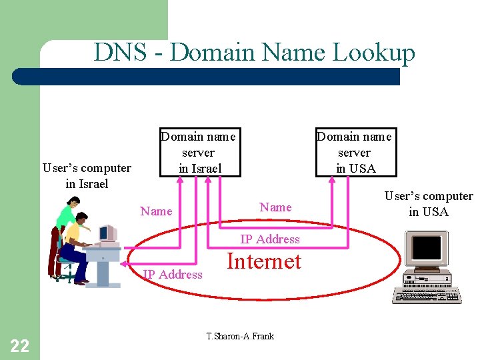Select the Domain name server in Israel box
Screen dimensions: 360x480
(198, 153)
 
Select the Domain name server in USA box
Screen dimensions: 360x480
(355, 153)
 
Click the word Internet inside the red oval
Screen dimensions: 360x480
(264, 261)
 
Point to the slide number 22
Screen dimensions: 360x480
(20, 345)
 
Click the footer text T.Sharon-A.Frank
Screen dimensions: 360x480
(240, 336)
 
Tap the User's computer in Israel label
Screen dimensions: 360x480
(87, 176)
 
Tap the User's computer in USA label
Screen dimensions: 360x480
(429, 204)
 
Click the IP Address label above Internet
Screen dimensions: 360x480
(270, 239)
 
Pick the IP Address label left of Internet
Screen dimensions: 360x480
(173, 274)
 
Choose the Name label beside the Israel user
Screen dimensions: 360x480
(156, 211)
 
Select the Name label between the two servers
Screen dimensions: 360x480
(275, 207)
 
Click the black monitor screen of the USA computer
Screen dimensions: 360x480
(427, 247)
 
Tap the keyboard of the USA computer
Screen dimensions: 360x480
(427, 295)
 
